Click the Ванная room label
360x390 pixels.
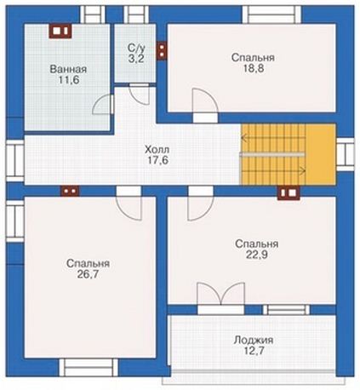tap(68, 69)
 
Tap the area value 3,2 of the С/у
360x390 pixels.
tap(135, 60)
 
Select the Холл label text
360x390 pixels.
tap(157, 149)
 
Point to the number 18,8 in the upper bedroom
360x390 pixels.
tap(253, 68)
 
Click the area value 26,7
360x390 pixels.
tap(88, 274)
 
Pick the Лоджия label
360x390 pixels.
tap(254, 340)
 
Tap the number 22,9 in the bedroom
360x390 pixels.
tap(256, 255)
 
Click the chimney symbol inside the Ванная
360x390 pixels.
tap(60, 31)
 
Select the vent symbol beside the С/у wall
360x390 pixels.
tap(162, 51)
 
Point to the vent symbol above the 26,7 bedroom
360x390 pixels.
tap(70, 191)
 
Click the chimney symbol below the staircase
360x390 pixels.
tap(289, 192)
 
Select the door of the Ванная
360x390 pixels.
tap(103, 105)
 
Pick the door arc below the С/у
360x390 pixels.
tap(139, 95)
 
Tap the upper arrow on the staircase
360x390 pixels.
tap(273, 138)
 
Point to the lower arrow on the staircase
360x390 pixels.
tap(273, 171)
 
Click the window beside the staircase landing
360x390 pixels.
tap(346, 154)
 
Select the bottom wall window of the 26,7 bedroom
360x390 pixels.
tap(89, 368)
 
